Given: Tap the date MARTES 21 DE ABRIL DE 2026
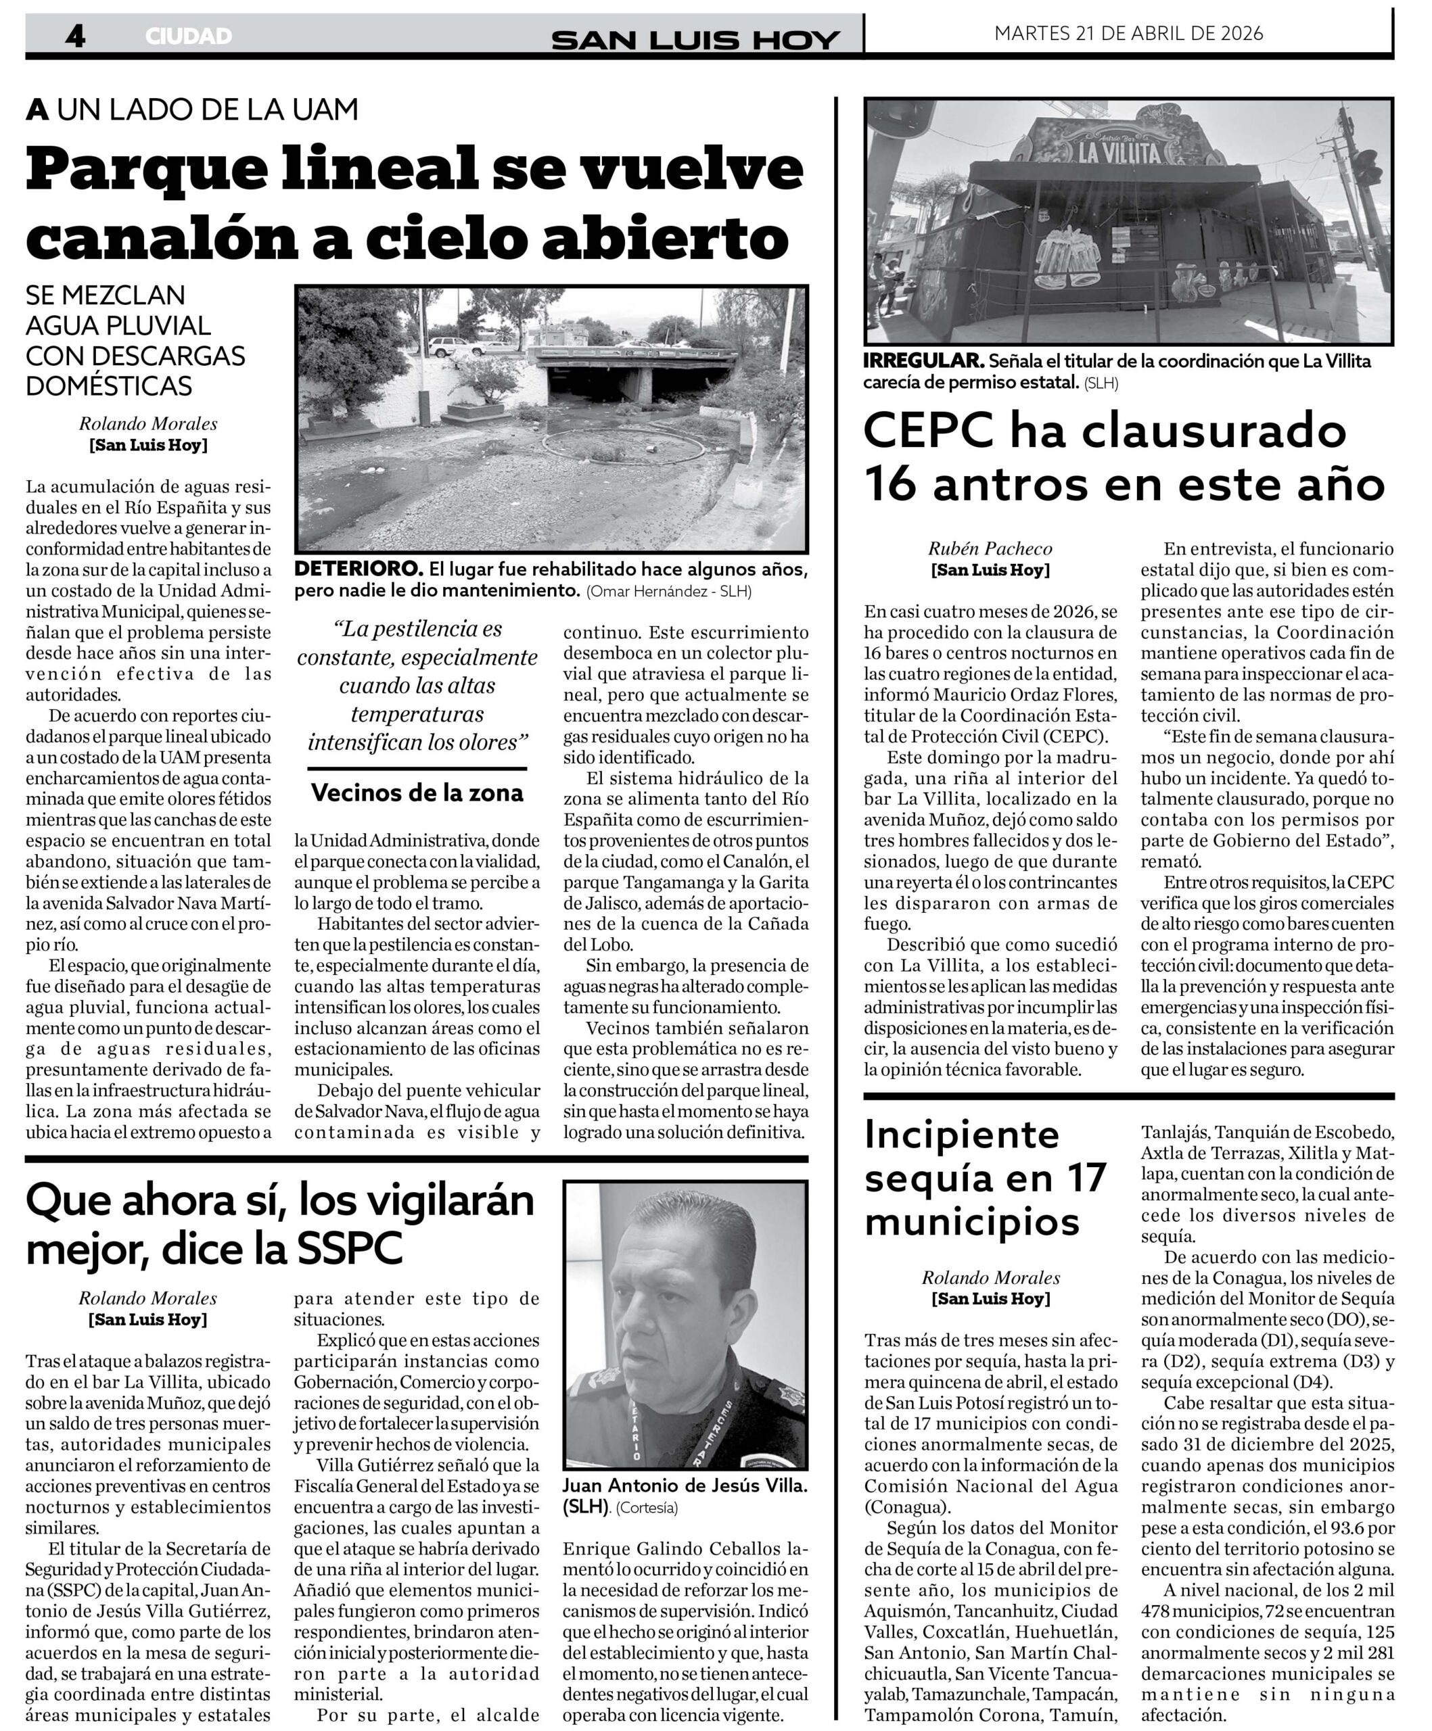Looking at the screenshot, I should (1128, 33).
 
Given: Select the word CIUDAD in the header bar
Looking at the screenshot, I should (188, 37).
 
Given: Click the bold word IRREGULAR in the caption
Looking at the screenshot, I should (923, 361).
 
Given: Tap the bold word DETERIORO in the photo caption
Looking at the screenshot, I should (359, 569).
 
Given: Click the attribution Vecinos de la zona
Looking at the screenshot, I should (417, 793).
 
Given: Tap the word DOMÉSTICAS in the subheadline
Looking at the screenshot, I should (109, 385).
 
